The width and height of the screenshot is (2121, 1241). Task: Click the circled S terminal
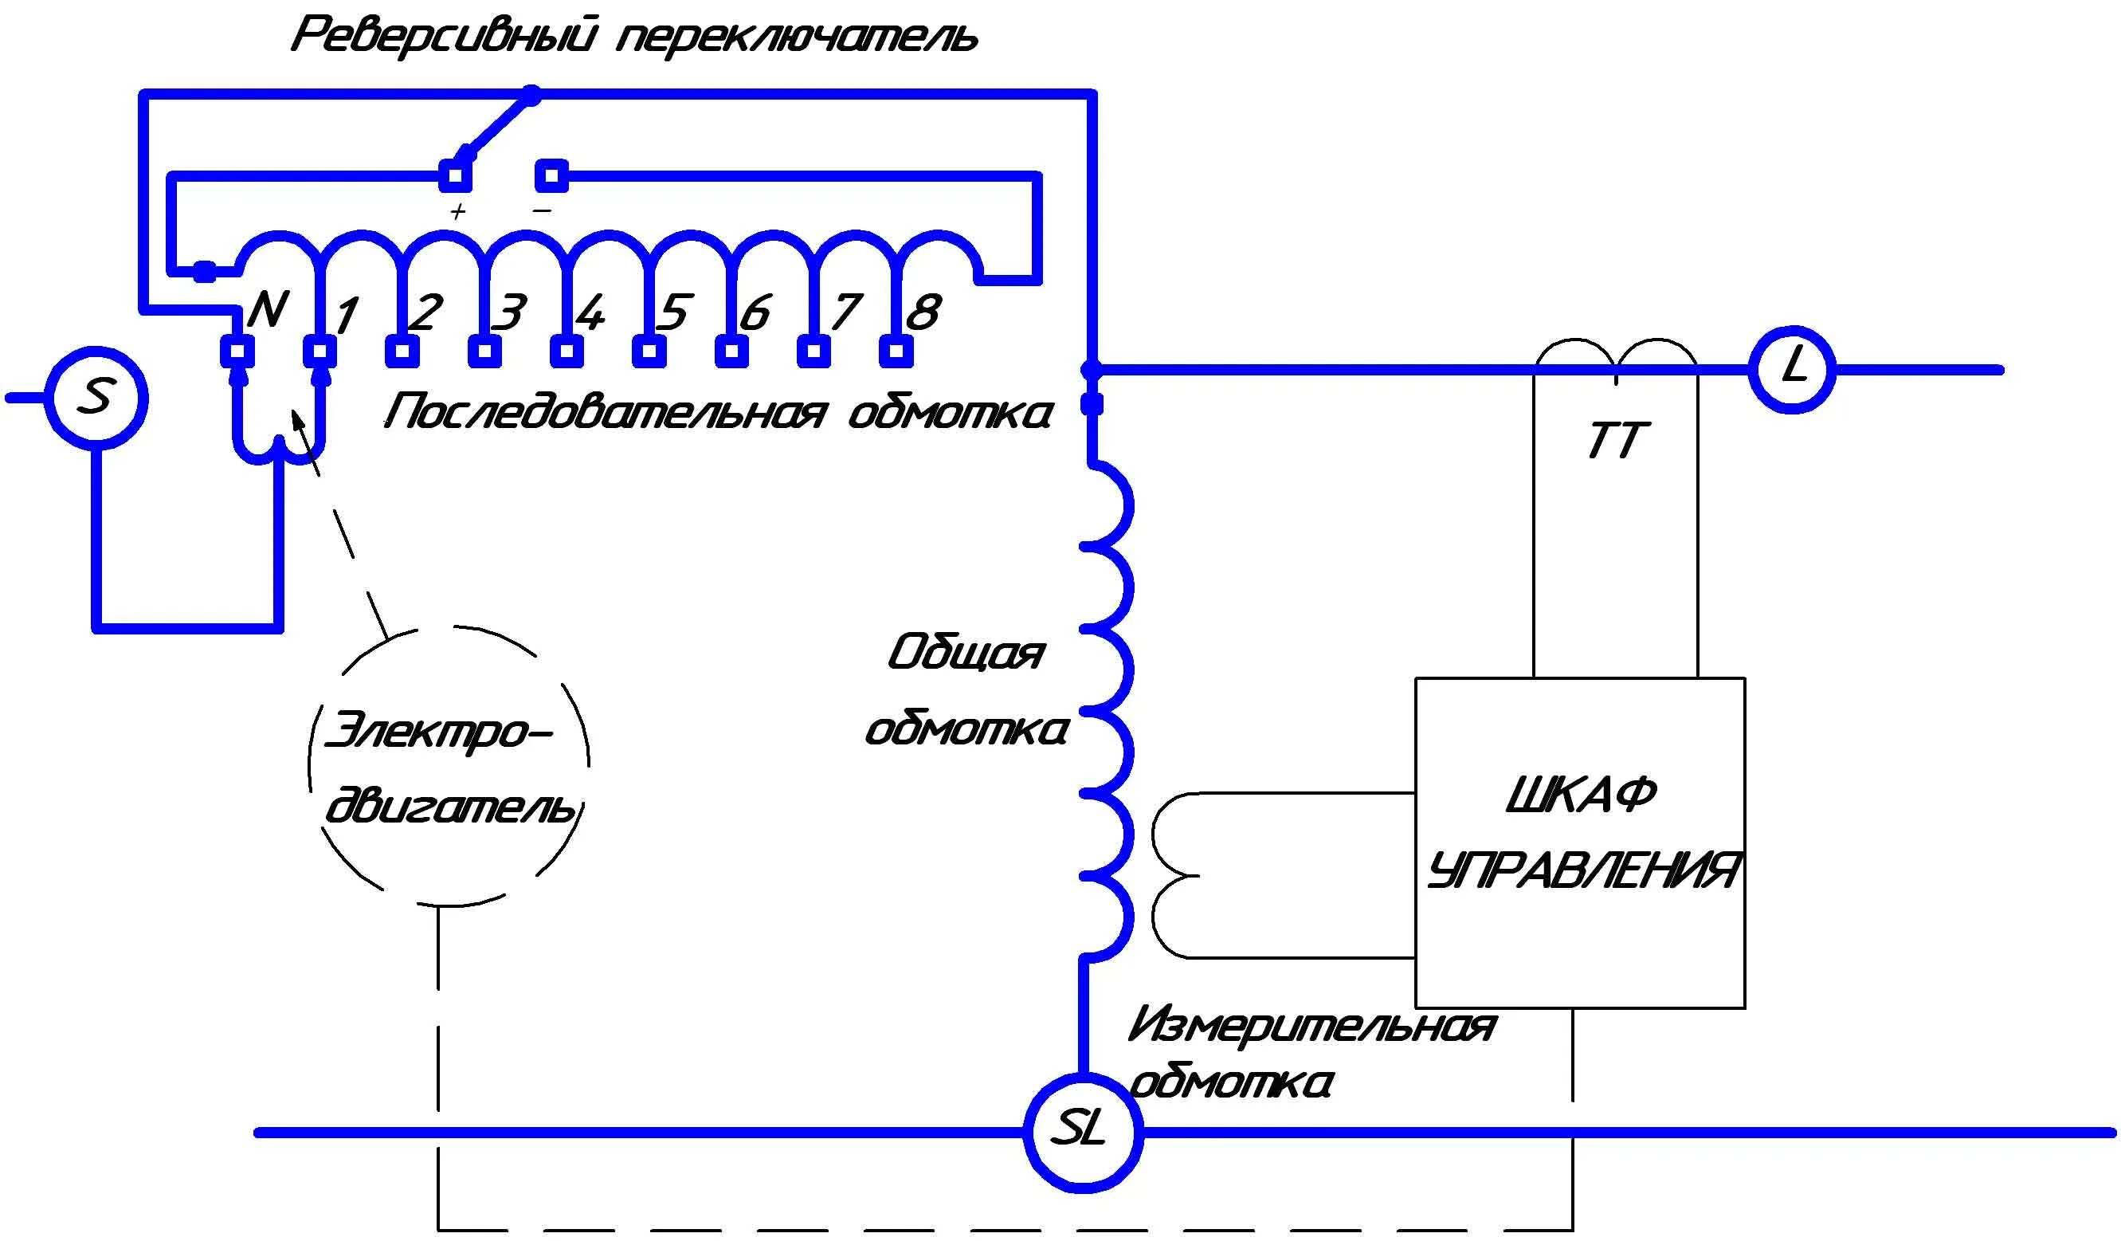click(x=96, y=398)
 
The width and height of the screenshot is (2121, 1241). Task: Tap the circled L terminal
click(x=1792, y=369)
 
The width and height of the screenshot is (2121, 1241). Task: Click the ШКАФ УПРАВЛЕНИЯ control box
click(x=1580, y=842)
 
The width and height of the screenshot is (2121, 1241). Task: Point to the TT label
click(x=1617, y=440)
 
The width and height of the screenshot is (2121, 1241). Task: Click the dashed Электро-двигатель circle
click(x=449, y=766)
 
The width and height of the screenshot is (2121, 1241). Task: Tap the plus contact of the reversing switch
click(x=455, y=176)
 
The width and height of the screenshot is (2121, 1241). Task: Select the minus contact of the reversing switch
click(x=551, y=176)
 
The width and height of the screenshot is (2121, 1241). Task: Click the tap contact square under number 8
click(x=896, y=351)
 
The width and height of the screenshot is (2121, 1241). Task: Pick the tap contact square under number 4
click(x=567, y=351)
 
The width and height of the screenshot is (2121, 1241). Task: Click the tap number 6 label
click(x=755, y=312)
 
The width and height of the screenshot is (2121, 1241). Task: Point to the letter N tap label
click(x=269, y=310)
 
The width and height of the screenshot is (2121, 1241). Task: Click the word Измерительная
click(x=1311, y=1027)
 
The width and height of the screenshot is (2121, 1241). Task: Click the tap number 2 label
click(x=424, y=312)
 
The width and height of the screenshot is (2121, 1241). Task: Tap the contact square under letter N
click(x=237, y=351)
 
